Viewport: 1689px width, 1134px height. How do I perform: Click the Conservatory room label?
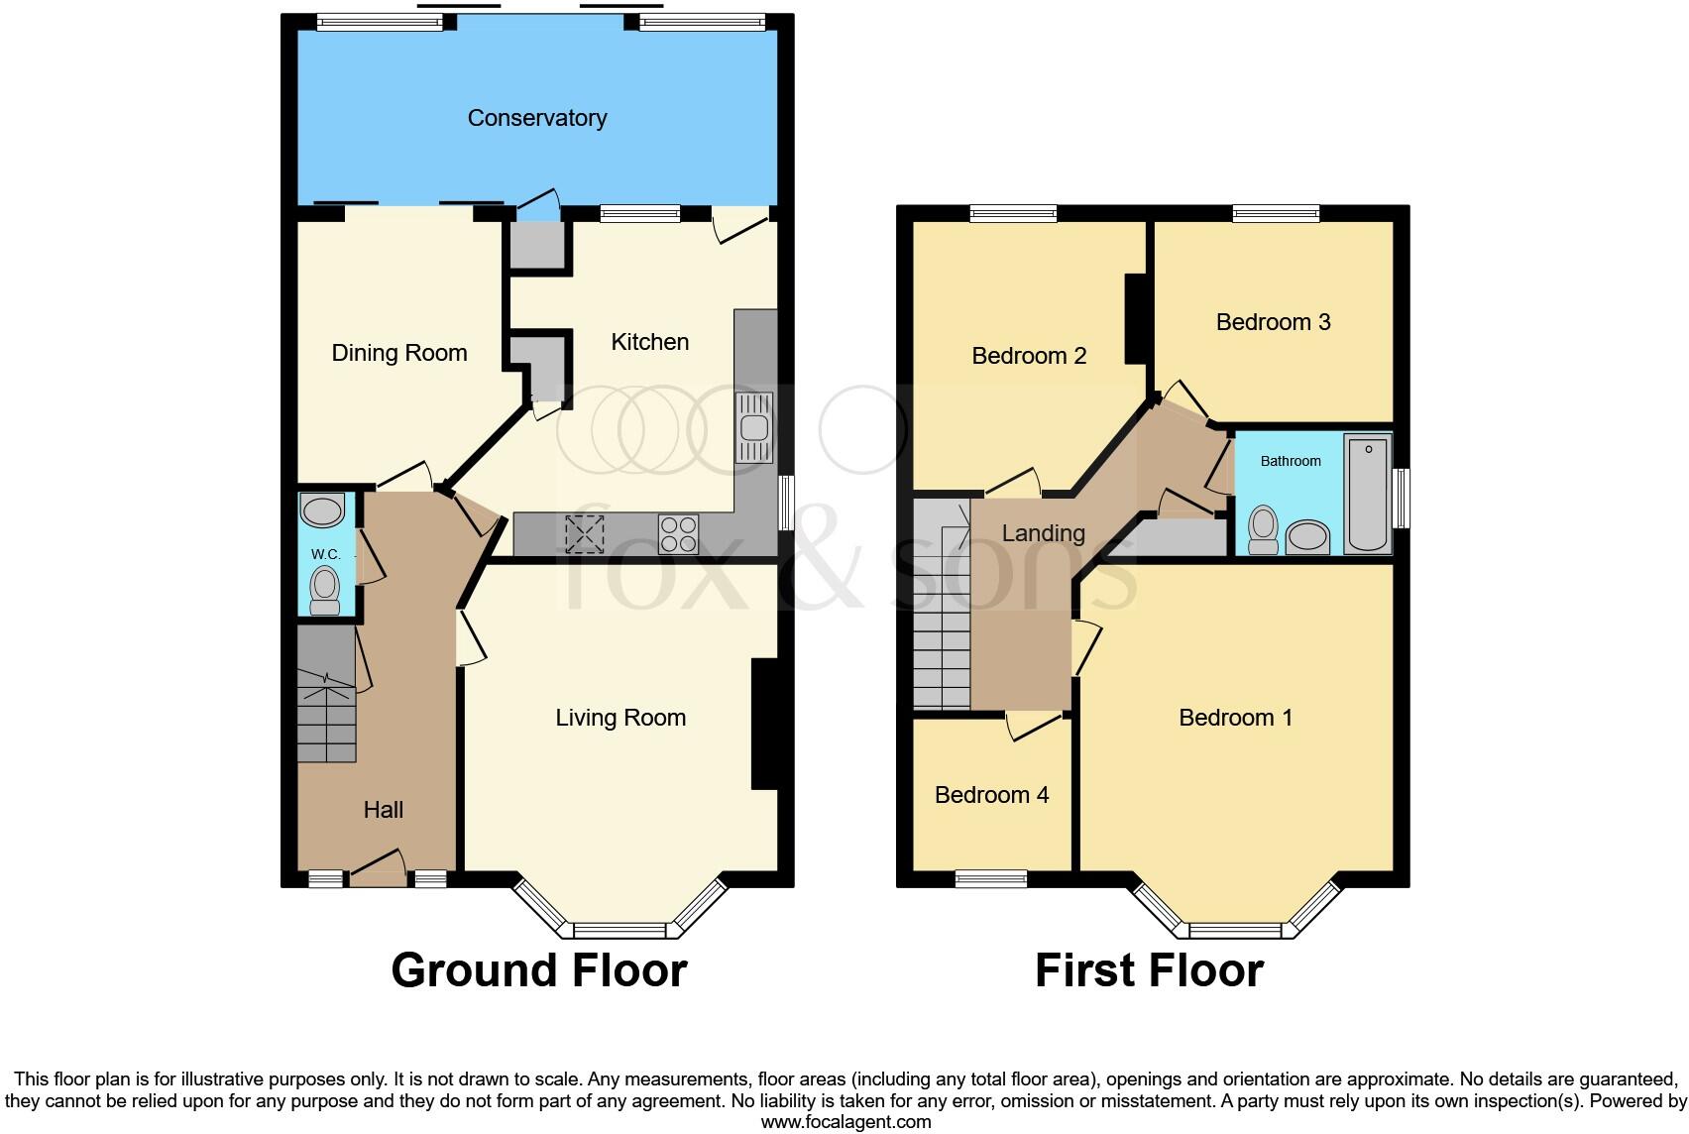[x=536, y=118]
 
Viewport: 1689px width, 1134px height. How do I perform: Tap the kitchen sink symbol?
[x=754, y=427]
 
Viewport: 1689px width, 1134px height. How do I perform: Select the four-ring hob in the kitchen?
[x=678, y=534]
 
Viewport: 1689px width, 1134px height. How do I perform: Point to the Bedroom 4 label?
[x=991, y=795]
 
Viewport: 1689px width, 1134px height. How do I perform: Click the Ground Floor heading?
[x=539, y=970]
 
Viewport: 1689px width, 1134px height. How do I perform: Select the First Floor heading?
[x=1149, y=970]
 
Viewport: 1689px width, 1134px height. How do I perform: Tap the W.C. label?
[x=325, y=554]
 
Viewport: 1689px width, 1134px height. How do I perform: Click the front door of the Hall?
[x=378, y=868]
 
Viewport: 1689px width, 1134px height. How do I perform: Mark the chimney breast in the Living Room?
[x=763, y=724]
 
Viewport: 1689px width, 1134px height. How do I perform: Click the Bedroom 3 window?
[x=1276, y=212]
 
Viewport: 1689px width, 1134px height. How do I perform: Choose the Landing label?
[x=1043, y=533]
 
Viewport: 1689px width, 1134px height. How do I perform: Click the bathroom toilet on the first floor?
[x=1263, y=530]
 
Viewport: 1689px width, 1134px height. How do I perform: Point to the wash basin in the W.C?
[x=322, y=511]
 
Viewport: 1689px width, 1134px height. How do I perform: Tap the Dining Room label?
[x=398, y=353]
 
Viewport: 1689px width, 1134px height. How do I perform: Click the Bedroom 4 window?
[x=990, y=878]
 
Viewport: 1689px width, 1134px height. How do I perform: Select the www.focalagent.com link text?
[x=845, y=1122]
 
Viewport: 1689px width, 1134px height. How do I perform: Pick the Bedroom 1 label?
[x=1235, y=718]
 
